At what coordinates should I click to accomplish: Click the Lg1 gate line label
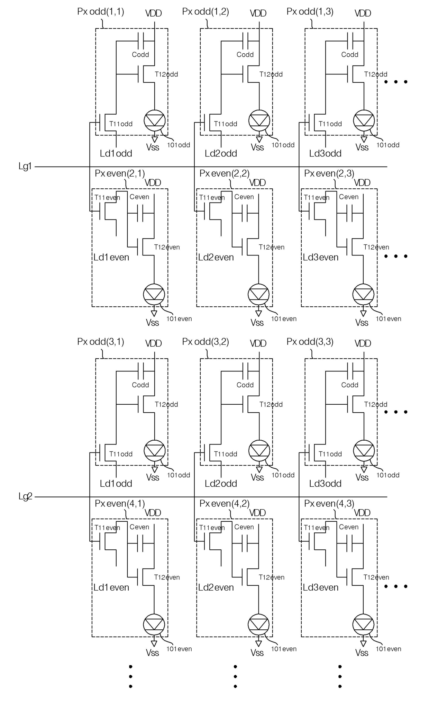25,167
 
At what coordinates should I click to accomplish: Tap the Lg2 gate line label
25,497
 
